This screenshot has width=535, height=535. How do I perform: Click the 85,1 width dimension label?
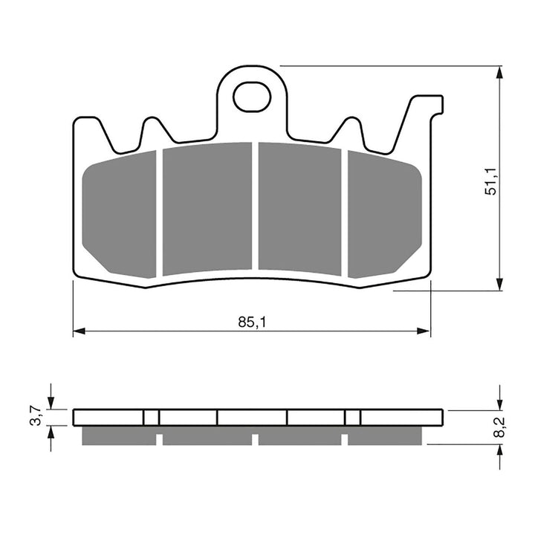tap(252, 322)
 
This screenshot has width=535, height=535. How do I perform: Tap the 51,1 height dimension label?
tap(491, 179)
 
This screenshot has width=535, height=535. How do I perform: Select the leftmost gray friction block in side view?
tap(118, 436)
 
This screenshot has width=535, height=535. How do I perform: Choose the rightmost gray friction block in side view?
tap(387, 436)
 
